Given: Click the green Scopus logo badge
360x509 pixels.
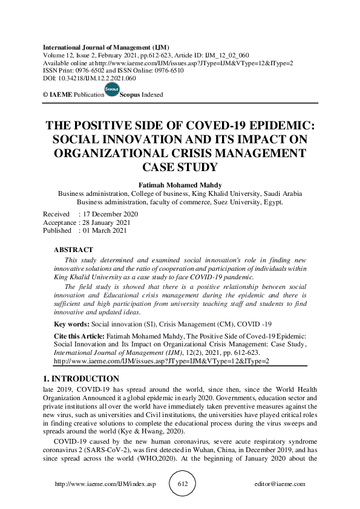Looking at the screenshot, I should pos(111,89).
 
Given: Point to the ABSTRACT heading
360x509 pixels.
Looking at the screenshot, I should pos(74,250).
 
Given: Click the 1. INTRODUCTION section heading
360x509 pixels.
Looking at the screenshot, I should pos(81,378).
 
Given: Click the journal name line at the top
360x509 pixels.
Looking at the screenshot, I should pos(106,47).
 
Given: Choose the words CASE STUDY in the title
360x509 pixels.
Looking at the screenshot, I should pos(179,166).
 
